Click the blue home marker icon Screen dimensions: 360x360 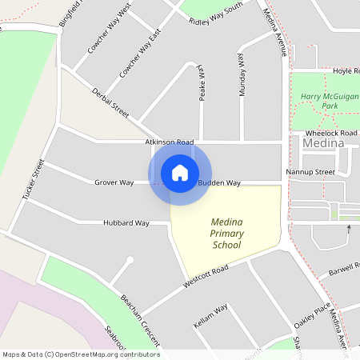pos(179,173)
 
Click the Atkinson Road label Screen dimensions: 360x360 pos(170,142)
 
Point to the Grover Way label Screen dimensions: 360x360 pos(114,182)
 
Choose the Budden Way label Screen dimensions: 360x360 pos(220,183)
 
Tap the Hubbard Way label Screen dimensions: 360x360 pos(126,222)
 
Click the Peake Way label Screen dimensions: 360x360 pos(202,82)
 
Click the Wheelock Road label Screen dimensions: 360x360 pos(331,133)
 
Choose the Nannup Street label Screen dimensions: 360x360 pos(310,172)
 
